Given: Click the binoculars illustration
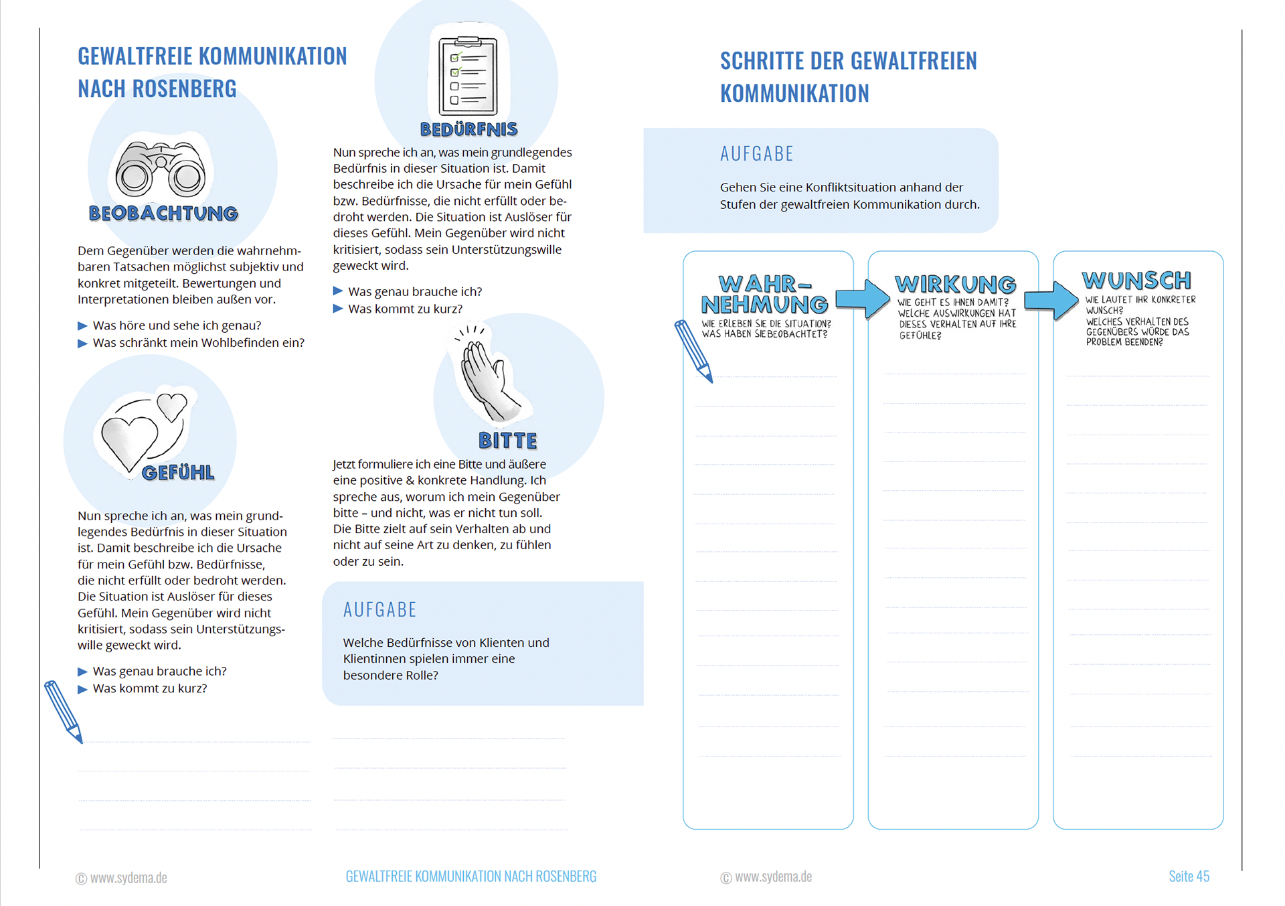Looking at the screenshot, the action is (x=161, y=171).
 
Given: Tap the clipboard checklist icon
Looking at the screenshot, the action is (x=468, y=77).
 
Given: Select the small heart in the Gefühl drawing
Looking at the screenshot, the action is (x=172, y=405).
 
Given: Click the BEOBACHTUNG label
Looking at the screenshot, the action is (x=163, y=214).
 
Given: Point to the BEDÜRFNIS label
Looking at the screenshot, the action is (x=468, y=129).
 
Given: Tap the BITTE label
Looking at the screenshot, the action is (x=507, y=441).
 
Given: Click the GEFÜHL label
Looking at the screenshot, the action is (x=178, y=473).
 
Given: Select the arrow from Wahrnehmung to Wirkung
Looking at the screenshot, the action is (x=862, y=299).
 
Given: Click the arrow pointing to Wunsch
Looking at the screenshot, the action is (x=1051, y=301).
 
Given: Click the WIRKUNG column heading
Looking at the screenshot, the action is (x=955, y=284).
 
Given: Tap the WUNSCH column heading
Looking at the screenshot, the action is (x=1136, y=280).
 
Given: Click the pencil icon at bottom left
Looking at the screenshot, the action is (x=64, y=711).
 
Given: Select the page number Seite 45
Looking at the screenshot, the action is (x=1189, y=876).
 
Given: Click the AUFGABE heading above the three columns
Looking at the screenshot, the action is (x=756, y=154).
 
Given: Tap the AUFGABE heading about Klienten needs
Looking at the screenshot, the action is (x=379, y=609).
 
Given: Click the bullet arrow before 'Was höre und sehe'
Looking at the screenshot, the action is (x=82, y=326).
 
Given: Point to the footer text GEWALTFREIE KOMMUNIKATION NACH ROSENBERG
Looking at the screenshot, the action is (x=470, y=876).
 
